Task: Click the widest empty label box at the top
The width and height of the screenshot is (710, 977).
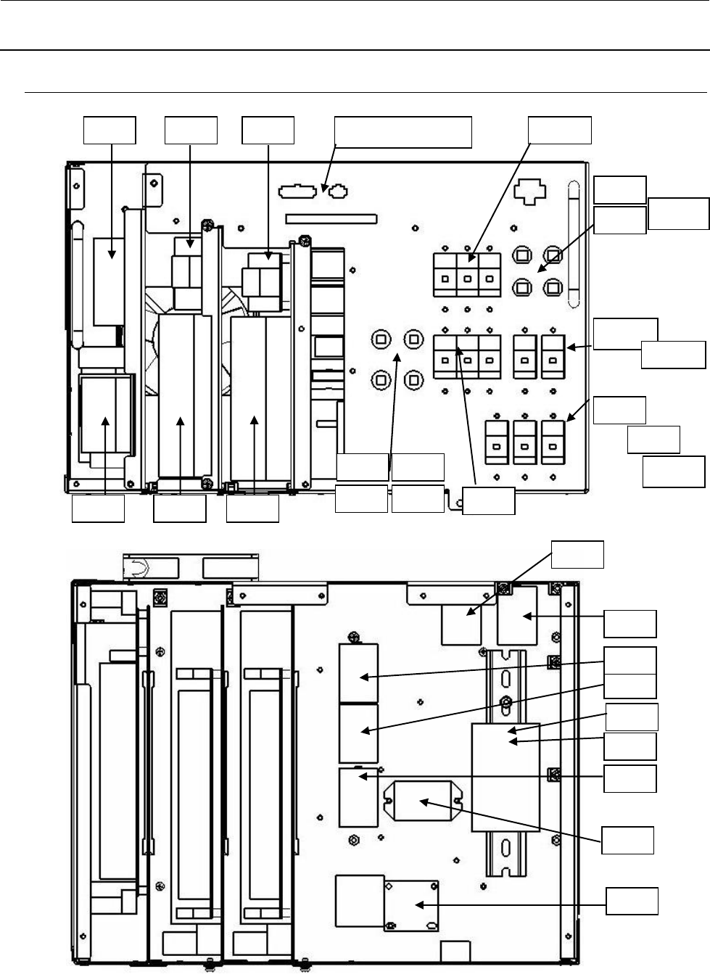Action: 403,131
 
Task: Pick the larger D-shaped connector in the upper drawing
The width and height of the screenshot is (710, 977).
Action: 298,192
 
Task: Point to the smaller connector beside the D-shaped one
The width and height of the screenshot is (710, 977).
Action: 338,192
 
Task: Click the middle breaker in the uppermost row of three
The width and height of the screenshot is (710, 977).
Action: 468,276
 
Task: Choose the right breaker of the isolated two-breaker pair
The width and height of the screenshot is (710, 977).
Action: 553,357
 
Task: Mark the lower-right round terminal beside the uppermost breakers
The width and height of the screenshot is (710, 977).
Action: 553,286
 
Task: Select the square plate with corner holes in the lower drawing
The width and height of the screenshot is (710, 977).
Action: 411,905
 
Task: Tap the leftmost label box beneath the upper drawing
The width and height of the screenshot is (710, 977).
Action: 98,508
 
